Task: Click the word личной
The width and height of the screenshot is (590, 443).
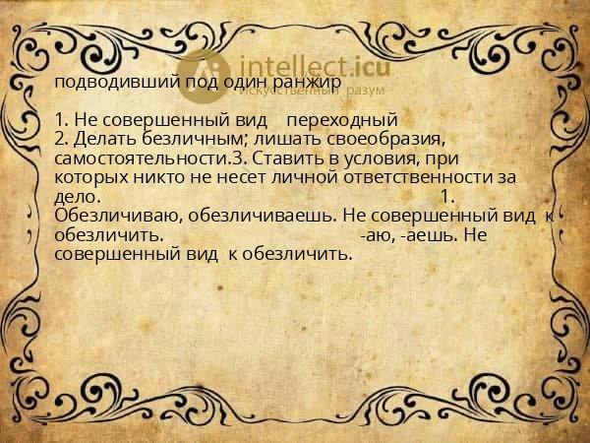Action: pos(285,177)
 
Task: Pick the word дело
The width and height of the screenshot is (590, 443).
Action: pos(74,197)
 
